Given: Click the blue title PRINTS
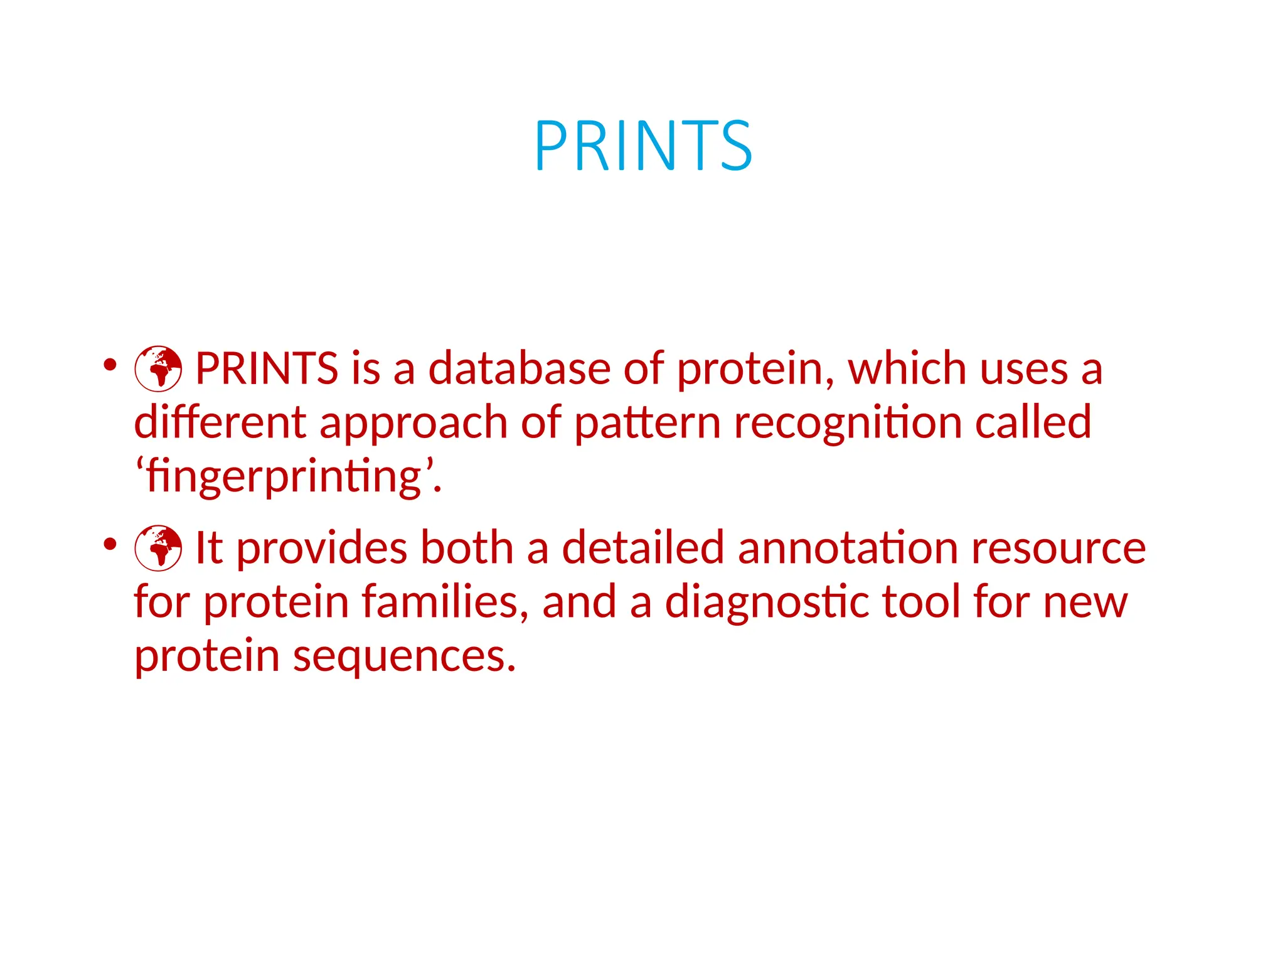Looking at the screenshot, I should (x=642, y=146).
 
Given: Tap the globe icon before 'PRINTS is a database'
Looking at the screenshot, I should (x=158, y=368).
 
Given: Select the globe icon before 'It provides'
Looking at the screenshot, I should (x=158, y=548).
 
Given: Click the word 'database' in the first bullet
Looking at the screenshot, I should (x=519, y=368).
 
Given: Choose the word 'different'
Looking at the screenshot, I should (x=220, y=422).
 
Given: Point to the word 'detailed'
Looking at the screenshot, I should (x=643, y=548).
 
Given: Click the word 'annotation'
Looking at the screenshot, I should (x=848, y=548).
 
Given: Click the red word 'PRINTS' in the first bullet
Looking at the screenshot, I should (x=267, y=368).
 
